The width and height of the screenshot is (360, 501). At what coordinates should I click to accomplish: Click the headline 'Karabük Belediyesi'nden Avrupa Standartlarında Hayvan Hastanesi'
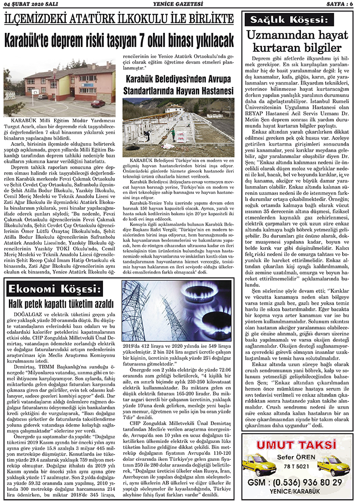(x=178, y=85)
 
